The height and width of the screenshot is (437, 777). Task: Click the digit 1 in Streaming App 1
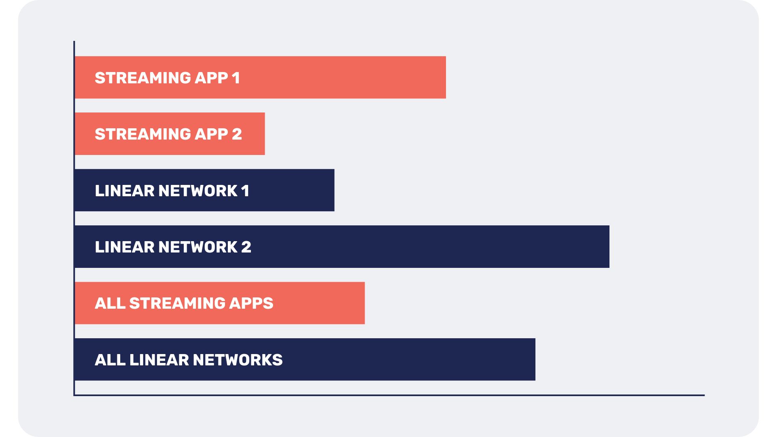pyautogui.click(x=236, y=78)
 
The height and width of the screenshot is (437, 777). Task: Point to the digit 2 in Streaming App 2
pyautogui.click(x=237, y=134)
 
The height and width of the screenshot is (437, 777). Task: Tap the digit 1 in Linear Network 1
pyautogui.click(x=245, y=191)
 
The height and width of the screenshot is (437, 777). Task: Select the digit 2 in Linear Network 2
pyautogui.click(x=246, y=247)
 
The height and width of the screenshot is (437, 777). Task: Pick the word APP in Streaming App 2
pyautogui.click(x=211, y=134)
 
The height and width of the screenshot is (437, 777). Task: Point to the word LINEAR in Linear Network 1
pyautogui.click(x=124, y=191)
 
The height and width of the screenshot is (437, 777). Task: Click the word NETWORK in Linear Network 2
pyautogui.click(x=197, y=247)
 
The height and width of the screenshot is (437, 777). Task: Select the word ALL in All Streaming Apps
pyautogui.click(x=110, y=303)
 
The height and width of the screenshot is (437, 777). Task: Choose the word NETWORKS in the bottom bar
pyautogui.click(x=238, y=360)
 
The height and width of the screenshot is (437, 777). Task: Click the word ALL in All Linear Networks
pyautogui.click(x=110, y=360)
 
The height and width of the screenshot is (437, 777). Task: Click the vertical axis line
pyautogui.click(x=74, y=218)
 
